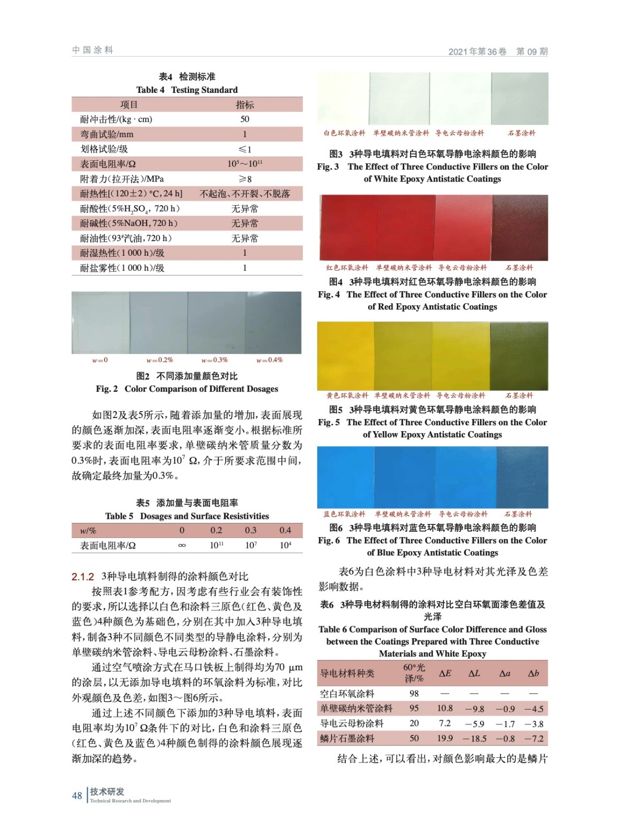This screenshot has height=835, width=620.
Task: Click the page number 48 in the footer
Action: pos(77,795)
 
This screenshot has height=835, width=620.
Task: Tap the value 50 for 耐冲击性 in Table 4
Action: pos(244,119)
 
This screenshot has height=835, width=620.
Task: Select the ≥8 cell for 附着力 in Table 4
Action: pos(244,179)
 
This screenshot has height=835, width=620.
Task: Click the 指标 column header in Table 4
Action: pos(244,104)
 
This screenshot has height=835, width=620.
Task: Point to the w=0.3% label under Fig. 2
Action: pos(215,360)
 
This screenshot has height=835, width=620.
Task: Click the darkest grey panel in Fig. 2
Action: pos(273,323)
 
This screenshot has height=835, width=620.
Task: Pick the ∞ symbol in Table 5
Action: pos(182,545)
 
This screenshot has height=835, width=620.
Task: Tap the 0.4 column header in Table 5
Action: pos(285,530)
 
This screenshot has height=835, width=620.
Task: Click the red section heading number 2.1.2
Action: pos(83,577)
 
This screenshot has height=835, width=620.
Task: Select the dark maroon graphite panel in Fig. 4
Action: pos(520,228)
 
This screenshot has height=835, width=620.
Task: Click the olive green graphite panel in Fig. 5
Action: pos(519,356)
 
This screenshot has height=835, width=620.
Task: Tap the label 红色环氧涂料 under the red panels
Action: pos(347,268)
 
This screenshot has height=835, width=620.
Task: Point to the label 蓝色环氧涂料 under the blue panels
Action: pos(345,514)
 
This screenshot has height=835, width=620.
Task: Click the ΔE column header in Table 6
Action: pos(445,673)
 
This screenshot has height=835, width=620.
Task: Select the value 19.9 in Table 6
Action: pos(445,738)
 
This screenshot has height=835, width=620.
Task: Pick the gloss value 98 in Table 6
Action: pos(414,694)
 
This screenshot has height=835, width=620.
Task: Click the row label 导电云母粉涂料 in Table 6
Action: pos(352,723)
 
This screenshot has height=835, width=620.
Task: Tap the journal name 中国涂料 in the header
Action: pos(92,50)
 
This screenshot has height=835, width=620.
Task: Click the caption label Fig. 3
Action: pos(327,167)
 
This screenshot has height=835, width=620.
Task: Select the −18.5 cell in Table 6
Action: pos(474,738)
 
